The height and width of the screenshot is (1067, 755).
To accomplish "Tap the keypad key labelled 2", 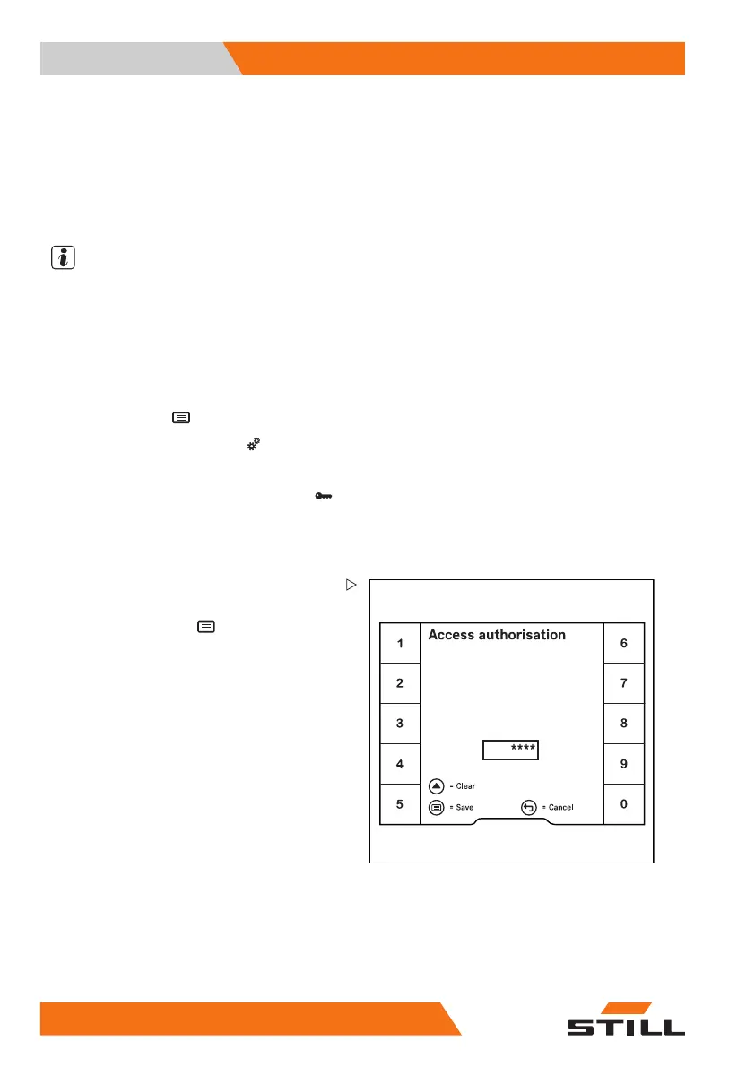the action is pyautogui.click(x=400, y=683).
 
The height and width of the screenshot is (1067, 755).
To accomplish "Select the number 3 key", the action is pyautogui.click(x=400, y=724).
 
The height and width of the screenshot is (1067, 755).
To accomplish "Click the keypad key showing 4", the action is pyautogui.click(x=400, y=764).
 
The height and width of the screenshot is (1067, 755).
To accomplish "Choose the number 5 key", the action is pyautogui.click(x=400, y=804).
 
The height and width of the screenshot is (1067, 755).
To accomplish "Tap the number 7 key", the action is pyautogui.click(x=624, y=683).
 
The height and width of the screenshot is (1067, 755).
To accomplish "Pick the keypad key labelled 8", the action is pyautogui.click(x=624, y=724).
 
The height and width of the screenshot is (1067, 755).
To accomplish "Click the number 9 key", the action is pyautogui.click(x=624, y=764).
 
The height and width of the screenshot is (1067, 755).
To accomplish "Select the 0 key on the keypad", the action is pyautogui.click(x=624, y=804).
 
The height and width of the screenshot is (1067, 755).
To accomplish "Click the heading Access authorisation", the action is pyautogui.click(x=497, y=635).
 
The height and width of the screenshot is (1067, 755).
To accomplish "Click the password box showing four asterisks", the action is pyautogui.click(x=511, y=750).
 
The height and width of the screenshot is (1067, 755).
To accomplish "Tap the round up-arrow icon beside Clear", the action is pyautogui.click(x=437, y=785).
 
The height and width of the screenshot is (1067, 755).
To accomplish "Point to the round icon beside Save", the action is pyautogui.click(x=437, y=807).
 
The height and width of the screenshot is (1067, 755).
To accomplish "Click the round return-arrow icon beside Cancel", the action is pyautogui.click(x=529, y=807).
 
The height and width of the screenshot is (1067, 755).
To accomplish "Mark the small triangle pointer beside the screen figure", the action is pyautogui.click(x=351, y=585).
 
